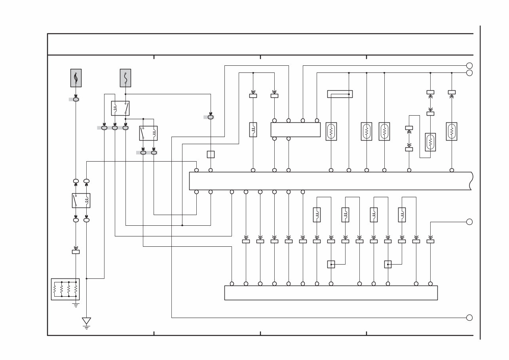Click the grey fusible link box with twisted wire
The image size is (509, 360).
[76, 78]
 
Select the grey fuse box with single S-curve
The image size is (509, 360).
[125, 78]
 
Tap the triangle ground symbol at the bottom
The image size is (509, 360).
[86, 321]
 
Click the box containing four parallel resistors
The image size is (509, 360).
[65, 289]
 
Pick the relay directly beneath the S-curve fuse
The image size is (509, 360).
[120, 108]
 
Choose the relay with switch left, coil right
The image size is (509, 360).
[148, 133]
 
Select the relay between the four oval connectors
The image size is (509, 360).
[81, 200]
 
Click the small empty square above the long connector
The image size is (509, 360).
[211, 154]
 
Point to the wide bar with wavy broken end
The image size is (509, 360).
[330, 181]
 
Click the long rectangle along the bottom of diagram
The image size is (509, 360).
[330, 293]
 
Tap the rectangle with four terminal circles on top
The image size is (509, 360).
[295, 130]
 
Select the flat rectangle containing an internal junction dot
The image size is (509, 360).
[340, 94]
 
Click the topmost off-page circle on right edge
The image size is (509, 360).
[469, 66]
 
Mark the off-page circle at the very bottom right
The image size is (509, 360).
[469, 318]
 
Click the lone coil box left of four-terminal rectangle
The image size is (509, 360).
[253, 130]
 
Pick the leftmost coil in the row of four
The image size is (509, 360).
[317, 215]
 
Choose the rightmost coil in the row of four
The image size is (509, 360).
[402, 215]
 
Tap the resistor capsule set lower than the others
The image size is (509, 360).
[430, 142]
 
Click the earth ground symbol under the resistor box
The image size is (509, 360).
[76, 305]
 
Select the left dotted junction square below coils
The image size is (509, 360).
[331, 264]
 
